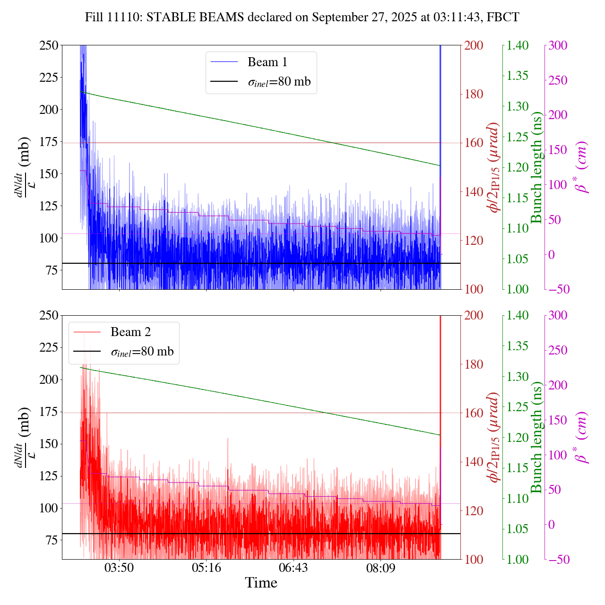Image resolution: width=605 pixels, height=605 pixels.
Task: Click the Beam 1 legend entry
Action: (267, 62)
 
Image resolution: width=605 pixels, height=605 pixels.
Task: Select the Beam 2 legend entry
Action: (130, 332)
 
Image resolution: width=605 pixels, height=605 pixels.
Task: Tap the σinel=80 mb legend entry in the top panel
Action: (279, 82)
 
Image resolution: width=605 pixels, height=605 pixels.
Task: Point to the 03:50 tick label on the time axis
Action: (119, 567)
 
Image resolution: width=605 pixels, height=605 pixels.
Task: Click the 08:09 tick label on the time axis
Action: (380, 567)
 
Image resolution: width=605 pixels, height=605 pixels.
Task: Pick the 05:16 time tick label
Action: (206, 567)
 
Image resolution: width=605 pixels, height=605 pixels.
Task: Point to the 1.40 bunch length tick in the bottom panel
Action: (518, 316)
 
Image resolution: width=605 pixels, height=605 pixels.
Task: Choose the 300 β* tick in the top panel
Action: (558, 45)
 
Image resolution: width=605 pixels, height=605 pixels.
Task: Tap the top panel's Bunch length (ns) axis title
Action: (536, 167)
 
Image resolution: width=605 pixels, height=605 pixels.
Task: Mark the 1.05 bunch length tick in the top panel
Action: (518, 259)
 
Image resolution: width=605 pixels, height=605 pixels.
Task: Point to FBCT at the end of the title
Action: (505, 17)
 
